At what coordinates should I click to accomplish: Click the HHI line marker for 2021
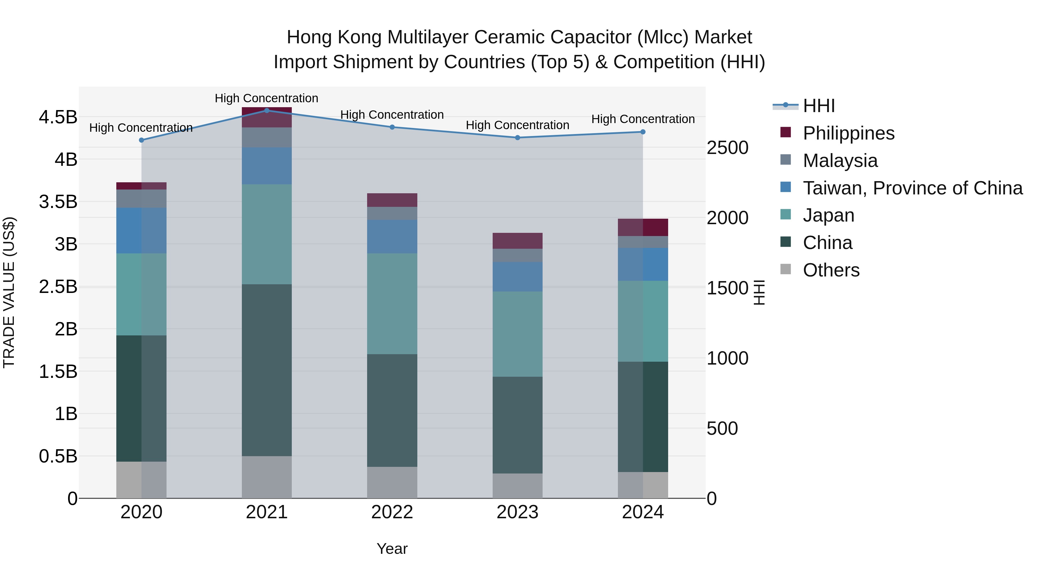pyautogui.click(x=267, y=111)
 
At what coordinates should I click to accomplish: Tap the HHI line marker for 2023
pyautogui.click(x=517, y=138)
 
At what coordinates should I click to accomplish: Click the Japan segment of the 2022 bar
pyautogui.click(x=392, y=304)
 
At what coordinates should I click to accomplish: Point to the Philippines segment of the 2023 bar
pyautogui.click(x=517, y=241)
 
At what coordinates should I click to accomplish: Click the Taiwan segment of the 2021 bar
pyautogui.click(x=267, y=166)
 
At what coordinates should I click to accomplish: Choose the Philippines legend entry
pyautogui.click(x=848, y=133)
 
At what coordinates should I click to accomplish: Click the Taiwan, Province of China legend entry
pyautogui.click(x=912, y=188)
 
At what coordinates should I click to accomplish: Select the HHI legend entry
pyautogui.click(x=819, y=106)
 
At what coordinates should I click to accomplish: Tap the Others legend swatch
pyautogui.click(x=786, y=269)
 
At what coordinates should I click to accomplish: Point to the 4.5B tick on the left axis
pyautogui.click(x=58, y=118)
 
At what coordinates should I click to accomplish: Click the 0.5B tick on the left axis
pyautogui.click(x=58, y=456)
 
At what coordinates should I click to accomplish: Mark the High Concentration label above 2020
pyautogui.click(x=141, y=128)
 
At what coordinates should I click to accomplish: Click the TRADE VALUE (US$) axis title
pyautogui.click(x=9, y=292)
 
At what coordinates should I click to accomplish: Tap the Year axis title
pyautogui.click(x=392, y=549)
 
